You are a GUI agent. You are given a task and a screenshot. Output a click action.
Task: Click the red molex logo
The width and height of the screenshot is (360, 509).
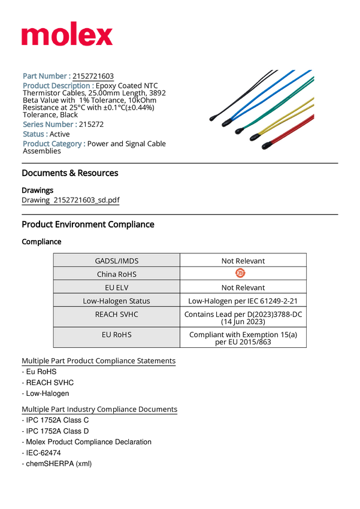pos(67,36)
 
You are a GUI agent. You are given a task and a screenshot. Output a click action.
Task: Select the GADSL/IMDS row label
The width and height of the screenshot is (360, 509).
pos(116,260)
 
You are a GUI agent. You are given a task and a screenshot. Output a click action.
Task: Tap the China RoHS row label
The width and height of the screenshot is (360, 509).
pos(116,274)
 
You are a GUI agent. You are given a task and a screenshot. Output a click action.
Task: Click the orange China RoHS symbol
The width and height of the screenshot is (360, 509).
pos(240,274)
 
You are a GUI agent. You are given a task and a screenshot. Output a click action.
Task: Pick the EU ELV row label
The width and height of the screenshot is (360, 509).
pos(116,287)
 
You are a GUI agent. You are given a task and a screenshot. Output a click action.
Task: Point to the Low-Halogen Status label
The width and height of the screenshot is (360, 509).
pos(116,301)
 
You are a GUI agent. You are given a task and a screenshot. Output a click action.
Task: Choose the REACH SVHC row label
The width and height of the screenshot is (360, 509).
pos(116,314)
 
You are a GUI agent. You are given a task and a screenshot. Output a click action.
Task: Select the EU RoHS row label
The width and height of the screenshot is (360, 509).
pos(116,334)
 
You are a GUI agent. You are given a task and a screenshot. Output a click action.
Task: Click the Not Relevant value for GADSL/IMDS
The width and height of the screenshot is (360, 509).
pos(243,260)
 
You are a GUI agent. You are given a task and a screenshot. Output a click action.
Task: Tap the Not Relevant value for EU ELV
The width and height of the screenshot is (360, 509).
pos(243,287)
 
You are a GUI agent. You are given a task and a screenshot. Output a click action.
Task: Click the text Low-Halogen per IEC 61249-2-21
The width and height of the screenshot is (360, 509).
pos(243,301)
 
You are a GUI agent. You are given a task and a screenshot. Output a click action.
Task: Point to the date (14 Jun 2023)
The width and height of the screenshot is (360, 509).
pos(243,322)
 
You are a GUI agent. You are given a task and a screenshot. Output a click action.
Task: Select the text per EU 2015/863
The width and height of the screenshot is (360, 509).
pos(243,342)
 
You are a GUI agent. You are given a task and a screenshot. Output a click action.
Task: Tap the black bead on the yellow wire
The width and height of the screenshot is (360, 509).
pos(255,137)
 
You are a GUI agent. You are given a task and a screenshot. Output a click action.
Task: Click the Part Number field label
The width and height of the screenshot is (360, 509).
pos(47,76)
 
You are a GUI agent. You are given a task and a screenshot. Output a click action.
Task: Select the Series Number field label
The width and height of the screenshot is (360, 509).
pos(50,124)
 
